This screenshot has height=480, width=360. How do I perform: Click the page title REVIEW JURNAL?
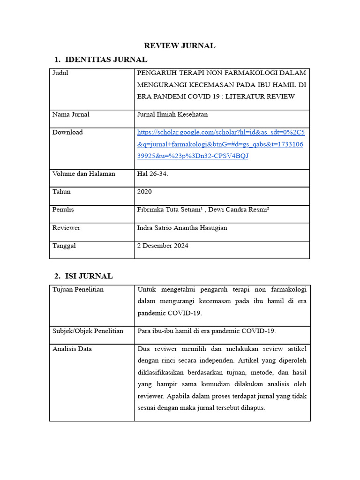coord(180,45)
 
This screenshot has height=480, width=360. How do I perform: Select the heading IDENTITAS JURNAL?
coord(106,60)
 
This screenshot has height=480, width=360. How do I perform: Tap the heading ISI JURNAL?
coord(89,276)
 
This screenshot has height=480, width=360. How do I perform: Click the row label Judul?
coord(60,73)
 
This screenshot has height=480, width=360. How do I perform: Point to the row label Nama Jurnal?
coord(71,114)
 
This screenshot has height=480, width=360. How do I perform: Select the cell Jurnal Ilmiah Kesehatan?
coord(172,114)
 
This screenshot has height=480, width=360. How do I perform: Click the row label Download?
coord(67,132)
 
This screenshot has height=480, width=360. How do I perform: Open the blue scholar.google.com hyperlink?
coord(220,144)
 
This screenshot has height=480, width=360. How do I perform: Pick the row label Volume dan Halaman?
coord(83,173)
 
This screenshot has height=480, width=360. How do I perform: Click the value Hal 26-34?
coord(152,173)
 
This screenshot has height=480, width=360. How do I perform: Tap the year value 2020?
coord(144,192)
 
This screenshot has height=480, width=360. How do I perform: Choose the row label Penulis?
coord(63,210)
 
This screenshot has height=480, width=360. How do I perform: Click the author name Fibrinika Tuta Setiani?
coord(170,210)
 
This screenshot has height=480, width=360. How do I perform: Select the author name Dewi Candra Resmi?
coord(238,210)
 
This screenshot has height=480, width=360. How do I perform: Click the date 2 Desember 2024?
coord(163,246)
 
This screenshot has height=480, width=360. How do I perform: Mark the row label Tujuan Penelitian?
coord(78,289)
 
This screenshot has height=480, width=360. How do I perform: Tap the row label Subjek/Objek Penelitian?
coord(88,331)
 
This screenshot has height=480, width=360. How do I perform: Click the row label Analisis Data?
coord(72,349)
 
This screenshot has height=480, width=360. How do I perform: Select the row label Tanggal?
coord(64,246)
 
